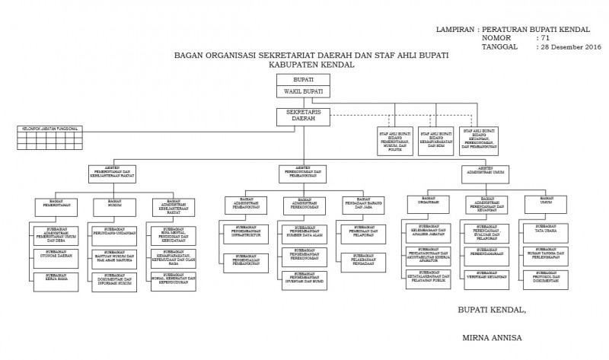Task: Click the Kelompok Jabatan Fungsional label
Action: click(x=49, y=129)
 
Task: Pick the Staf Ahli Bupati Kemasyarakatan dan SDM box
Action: click(x=435, y=141)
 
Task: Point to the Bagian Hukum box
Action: click(x=115, y=203)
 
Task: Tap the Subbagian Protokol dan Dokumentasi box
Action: click(x=544, y=279)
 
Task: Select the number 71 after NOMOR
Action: click(x=544, y=37)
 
